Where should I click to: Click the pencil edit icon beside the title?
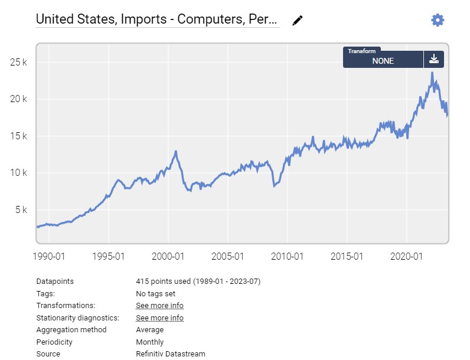point(298,20)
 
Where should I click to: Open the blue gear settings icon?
point(437,20)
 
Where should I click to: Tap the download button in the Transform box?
point(434,59)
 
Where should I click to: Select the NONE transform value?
point(383,61)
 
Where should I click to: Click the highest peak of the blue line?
point(432,73)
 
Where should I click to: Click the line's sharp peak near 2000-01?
point(176,152)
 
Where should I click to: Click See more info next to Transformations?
point(159,306)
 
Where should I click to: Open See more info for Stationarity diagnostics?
point(159,318)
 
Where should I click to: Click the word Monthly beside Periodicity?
point(149,342)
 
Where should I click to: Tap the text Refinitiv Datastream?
point(170,354)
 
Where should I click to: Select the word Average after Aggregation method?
point(149,330)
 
